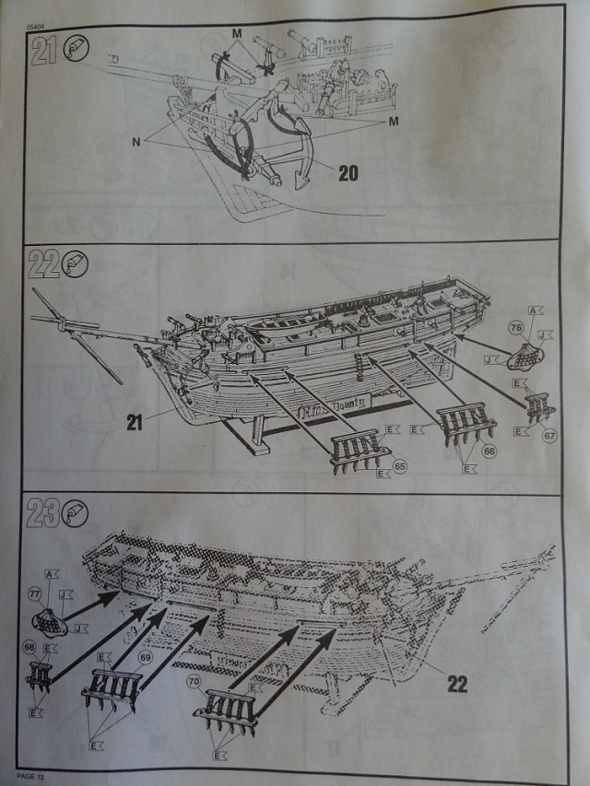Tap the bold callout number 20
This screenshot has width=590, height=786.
coord(347,172)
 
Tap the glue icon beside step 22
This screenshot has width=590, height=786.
coord(77,265)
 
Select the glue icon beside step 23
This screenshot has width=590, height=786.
coord(77,516)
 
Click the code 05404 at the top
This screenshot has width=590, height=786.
coord(37,16)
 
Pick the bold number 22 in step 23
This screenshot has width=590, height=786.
coord(457,685)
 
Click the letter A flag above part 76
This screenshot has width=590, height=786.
coord(534,311)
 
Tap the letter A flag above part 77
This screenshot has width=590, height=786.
coord(49,573)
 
